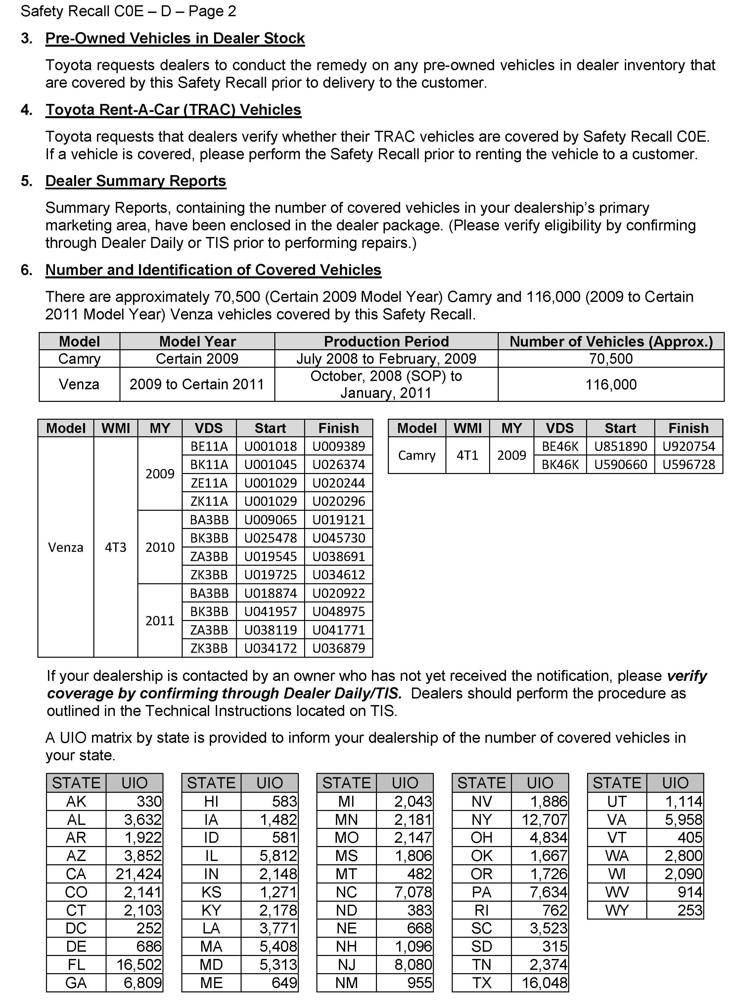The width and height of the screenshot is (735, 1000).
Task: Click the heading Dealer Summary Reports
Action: (x=136, y=181)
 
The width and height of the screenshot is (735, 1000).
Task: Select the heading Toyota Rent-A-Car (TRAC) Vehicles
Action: (x=173, y=110)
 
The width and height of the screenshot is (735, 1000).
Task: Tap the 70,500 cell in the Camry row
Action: (x=611, y=359)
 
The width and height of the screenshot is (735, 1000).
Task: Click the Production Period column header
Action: (x=386, y=341)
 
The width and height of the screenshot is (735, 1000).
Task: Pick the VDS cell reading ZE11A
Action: (x=209, y=483)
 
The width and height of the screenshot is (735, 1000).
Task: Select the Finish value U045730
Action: (x=339, y=538)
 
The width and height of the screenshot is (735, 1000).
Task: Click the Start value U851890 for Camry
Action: (x=620, y=446)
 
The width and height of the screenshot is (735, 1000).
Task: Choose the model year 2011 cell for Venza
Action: (x=160, y=620)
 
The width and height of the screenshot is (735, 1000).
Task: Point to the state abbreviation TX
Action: (x=482, y=983)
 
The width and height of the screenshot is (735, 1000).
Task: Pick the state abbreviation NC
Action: (x=346, y=892)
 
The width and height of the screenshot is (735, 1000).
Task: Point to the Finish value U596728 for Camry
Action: (x=688, y=465)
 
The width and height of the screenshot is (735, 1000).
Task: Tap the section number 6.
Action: (x=26, y=270)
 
